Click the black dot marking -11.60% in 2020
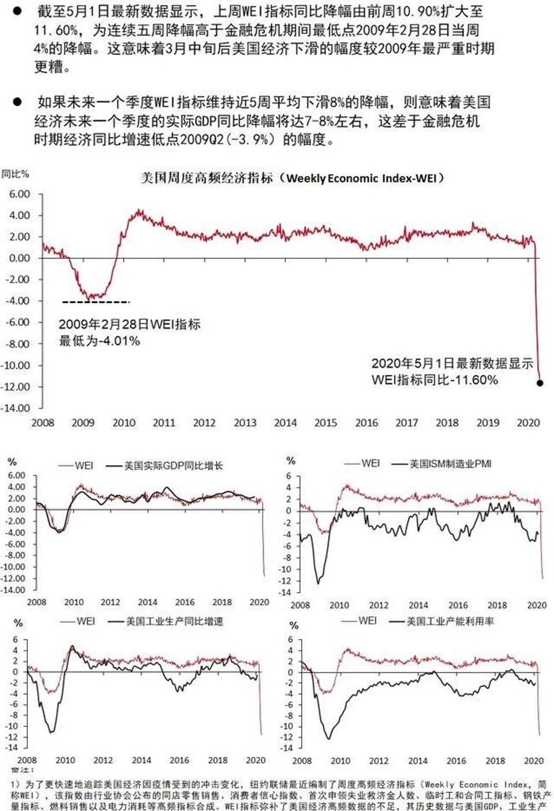(x=540, y=383)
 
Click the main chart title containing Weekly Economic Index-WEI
(x=292, y=178)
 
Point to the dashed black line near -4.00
(x=96, y=302)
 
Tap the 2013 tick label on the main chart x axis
(x=245, y=423)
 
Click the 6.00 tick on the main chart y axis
(x=20, y=194)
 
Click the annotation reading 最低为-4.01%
(x=100, y=341)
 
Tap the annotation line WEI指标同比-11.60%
(x=434, y=380)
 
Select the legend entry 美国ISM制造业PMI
(x=450, y=464)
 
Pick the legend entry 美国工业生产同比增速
(x=174, y=621)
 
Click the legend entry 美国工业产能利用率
(x=450, y=621)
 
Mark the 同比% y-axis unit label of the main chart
(x=15, y=174)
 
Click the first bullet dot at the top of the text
(x=17, y=10)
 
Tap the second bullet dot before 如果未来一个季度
(x=17, y=102)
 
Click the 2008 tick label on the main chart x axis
(x=42, y=423)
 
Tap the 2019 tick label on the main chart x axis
(x=487, y=423)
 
